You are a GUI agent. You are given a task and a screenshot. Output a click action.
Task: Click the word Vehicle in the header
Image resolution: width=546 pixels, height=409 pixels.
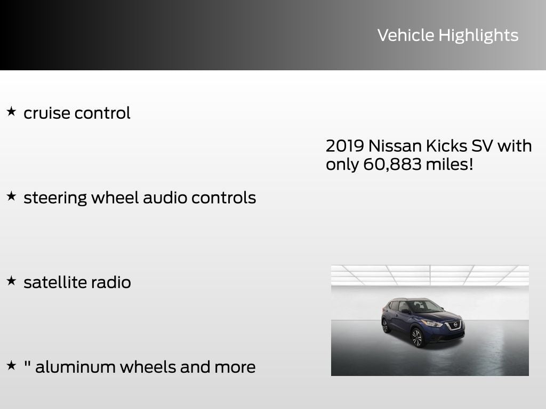point(406,35)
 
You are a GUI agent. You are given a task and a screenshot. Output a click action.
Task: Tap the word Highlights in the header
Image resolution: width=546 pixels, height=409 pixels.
point(478,36)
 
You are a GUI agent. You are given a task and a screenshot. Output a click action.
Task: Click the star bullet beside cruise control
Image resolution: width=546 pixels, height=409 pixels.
point(11,112)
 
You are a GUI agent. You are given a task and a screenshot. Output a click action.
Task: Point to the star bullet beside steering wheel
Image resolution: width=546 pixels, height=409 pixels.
point(11,197)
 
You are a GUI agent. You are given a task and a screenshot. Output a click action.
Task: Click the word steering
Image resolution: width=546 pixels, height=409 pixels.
point(55,198)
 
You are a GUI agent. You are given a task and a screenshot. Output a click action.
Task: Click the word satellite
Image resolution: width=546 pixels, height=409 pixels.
point(55,282)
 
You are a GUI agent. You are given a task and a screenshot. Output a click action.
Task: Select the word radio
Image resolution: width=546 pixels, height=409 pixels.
point(111,282)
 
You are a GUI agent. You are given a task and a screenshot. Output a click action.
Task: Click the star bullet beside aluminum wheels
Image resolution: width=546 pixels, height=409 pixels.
point(11,366)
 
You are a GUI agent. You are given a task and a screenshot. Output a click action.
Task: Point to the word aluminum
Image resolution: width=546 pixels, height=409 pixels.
point(75,367)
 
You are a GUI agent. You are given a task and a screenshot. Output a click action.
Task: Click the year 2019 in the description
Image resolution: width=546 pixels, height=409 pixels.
point(344,145)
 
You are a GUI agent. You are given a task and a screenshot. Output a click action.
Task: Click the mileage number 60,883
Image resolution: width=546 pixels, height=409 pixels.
point(392,165)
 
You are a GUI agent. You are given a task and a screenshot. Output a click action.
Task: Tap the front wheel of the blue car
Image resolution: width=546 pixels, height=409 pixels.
point(416,337)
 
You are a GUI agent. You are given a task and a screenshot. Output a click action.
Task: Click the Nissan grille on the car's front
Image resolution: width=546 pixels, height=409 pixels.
point(454,325)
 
